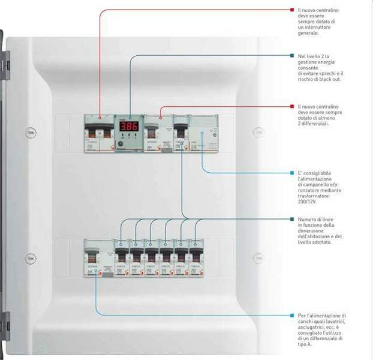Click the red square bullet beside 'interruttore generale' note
[x=291, y=10]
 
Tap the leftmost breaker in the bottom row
[x=96, y=258]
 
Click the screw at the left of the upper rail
[x=31, y=133]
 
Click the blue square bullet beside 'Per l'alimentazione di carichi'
[x=291, y=315]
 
